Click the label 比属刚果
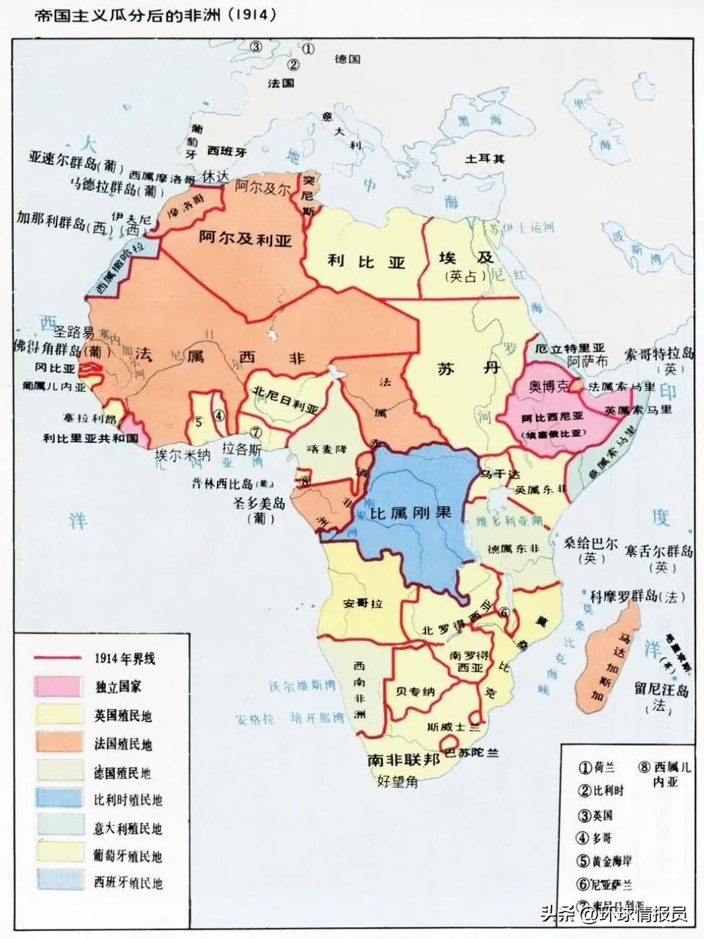(411, 513)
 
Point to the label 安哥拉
(361, 604)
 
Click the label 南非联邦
(404, 759)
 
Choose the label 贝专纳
(416, 690)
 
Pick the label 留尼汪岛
(662, 690)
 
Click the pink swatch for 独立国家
(56, 685)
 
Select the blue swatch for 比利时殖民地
(56, 800)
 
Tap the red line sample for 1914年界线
(56, 657)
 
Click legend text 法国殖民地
(123, 744)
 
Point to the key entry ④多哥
(596, 838)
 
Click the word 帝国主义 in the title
(64, 14)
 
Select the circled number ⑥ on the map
(505, 613)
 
